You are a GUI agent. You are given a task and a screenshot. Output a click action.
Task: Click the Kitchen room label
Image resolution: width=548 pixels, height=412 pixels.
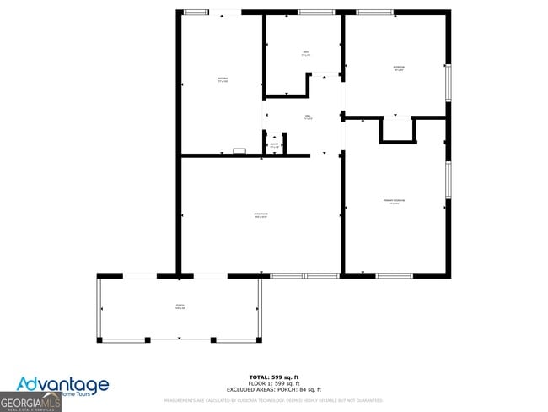[x=222, y=80]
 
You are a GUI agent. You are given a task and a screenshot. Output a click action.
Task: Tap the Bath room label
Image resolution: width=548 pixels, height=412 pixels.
[x=305, y=54]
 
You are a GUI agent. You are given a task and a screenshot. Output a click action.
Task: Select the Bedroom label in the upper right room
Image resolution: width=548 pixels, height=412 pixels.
[x=398, y=68]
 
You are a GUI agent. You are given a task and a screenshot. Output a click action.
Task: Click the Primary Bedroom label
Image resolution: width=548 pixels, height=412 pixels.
[x=395, y=201]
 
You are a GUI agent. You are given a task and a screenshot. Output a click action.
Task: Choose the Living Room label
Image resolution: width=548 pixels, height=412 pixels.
[x=261, y=216]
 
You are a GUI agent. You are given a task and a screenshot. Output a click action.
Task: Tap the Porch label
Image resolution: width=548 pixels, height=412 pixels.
[x=180, y=306]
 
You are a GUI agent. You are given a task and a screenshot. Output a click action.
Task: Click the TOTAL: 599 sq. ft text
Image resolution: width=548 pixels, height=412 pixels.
[x=274, y=376]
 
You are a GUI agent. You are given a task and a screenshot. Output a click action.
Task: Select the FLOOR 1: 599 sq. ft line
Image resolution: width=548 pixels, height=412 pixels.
[x=274, y=382]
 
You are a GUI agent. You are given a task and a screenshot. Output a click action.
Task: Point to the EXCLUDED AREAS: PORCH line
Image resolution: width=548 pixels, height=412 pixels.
[x=274, y=389]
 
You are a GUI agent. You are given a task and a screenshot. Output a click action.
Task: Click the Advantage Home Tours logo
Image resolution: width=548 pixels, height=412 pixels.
[x=63, y=388]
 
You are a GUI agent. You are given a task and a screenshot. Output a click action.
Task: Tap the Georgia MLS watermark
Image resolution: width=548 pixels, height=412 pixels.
[x=30, y=404]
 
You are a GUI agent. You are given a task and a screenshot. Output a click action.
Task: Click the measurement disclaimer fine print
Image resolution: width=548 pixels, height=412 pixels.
[x=274, y=400]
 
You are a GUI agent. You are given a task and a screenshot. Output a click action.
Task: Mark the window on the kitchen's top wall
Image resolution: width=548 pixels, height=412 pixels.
[x=196, y=12]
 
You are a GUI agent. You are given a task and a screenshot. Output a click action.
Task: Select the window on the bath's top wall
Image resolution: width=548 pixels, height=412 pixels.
[x=316, y=12]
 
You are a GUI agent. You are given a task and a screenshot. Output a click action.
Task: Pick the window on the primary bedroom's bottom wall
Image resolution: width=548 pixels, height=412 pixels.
[x=394, y=275]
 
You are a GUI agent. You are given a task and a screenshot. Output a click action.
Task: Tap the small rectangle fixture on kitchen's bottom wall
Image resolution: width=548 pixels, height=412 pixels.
[x=239, y=152]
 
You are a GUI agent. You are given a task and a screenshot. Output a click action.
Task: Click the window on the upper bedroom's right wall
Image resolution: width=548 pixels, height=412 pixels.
[x=449, y=82]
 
